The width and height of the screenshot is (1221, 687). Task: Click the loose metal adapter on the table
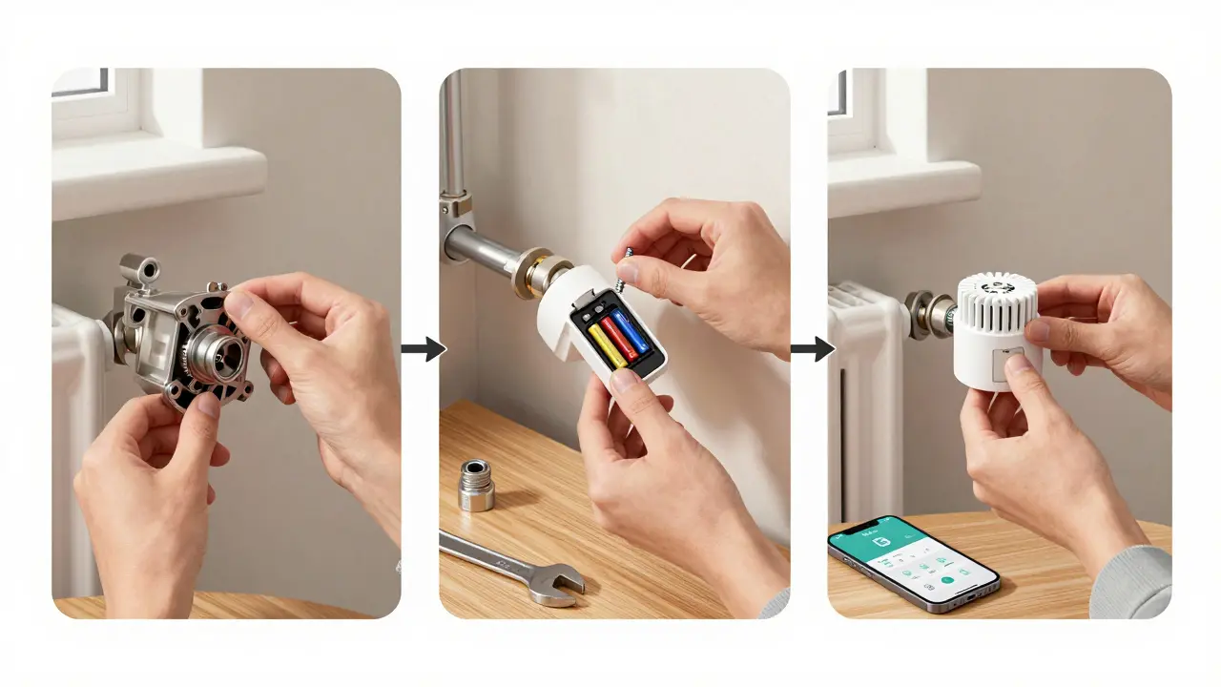[x=475, y=485]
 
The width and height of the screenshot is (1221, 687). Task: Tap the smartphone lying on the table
[x=913, y=564]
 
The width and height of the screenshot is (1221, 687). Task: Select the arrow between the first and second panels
[x=423, y=349]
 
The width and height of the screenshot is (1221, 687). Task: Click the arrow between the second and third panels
[x=812, y=349]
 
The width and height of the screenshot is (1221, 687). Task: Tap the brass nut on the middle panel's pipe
[x=527, y=273]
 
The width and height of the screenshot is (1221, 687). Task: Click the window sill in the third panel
[x=901, y=185]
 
